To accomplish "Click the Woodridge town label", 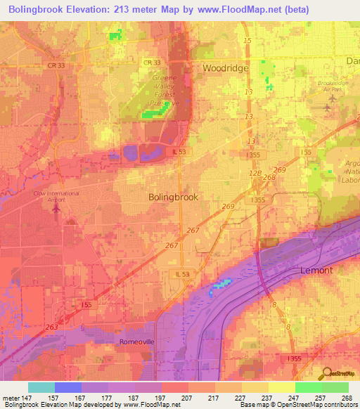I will (227, 68).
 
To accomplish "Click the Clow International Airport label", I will (56, 195).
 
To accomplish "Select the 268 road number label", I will (269, 177).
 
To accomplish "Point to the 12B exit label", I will (255, 171).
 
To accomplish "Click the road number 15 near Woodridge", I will (247, 41).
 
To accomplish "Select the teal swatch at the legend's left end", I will (41, 387).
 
